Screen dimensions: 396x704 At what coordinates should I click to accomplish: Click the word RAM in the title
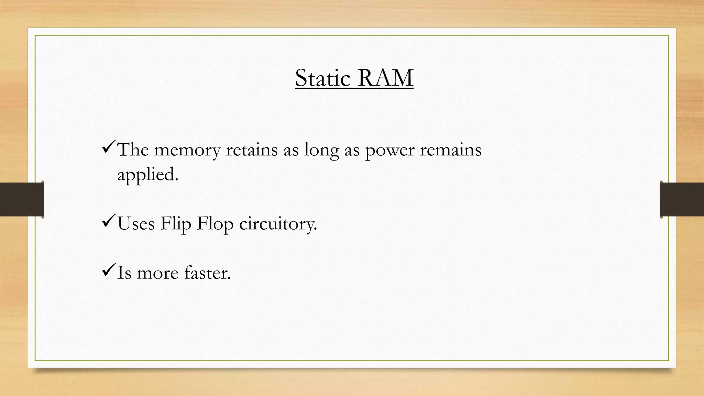(385, 78)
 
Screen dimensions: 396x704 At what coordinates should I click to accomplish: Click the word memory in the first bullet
(187, 150)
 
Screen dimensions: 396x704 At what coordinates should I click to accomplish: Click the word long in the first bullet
(321, 150)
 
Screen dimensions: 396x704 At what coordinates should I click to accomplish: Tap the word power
(389, 150)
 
